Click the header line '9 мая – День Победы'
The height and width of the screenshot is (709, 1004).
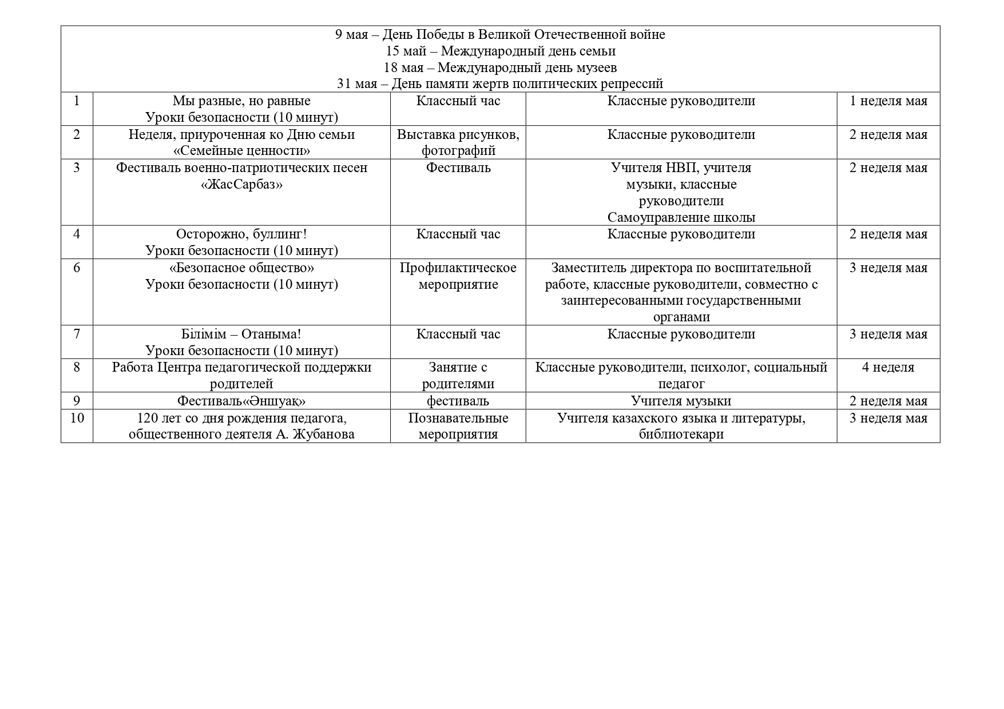click(x=500, y=35)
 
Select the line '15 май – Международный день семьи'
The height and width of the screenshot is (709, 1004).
click(x=500, y=51)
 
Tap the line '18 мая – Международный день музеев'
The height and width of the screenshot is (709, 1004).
click(x=500, y=68)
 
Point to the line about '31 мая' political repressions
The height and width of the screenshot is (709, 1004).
click(x=500, y=84)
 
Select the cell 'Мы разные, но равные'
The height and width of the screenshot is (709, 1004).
click(x=241, y=101)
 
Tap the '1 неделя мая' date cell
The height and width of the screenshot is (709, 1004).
click(x=888, y=101)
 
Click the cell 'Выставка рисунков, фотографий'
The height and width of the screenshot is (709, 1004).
click(x=458, y=142)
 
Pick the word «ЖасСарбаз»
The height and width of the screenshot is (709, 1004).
click(x=241, y=185)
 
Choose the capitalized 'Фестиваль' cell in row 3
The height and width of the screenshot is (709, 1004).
click(x=458, y=168)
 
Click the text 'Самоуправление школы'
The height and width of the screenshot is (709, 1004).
click(x=681, y=218)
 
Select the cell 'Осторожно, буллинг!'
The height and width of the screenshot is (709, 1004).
click(x=241, y=234)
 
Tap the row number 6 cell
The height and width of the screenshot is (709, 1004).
click(x=77, y=268)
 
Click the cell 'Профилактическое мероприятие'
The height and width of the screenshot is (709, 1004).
click(x=458, y=276)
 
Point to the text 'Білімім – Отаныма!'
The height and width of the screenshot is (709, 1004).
click(x=241, y=334)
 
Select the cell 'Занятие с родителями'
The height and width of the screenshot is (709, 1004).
click(x=458, y=376)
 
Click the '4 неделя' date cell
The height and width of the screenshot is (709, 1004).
click(x=888, y=368)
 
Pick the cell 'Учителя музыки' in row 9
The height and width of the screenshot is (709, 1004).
click(x=681, y=401)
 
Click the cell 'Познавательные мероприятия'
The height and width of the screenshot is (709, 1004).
click(x=458, y=426)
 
